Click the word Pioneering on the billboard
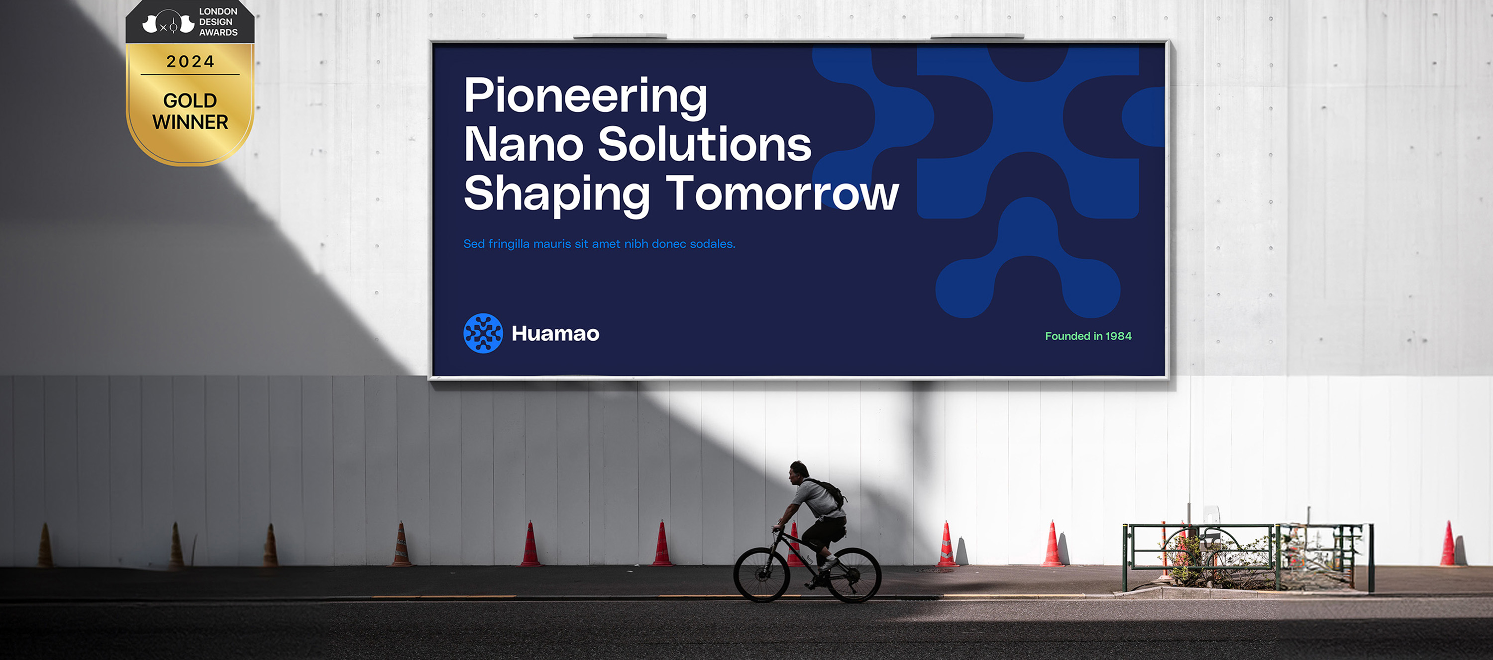click(585, 97)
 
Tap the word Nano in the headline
click(524, 144)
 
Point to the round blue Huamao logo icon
click(483, 333)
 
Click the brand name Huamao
click(555, 334)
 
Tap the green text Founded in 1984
click(1088, 336)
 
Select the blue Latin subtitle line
click(599, 244)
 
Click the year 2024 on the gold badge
click(190, 61)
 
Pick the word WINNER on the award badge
click(190, 122)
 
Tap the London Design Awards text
click(218, 22)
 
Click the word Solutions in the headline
click(704, 144)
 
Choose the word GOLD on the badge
click(190, 101)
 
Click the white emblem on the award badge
click(168, 22)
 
